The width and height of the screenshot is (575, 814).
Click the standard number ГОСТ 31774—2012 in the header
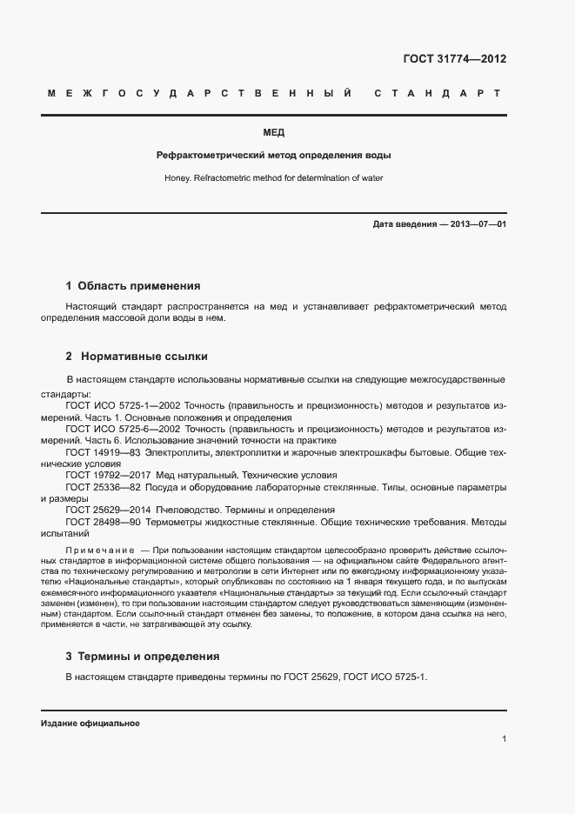coord(455,60)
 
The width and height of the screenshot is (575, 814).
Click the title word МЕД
coord(273,133)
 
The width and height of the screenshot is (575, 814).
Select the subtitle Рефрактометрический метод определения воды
coord(273,156)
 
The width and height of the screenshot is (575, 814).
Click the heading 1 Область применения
coord(133,285)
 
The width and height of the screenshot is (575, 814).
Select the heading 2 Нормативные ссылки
coord(137,357)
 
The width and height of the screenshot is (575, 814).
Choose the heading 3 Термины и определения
coord(143,657)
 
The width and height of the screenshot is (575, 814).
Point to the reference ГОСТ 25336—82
coord(104,488)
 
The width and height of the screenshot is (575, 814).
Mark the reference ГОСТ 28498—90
coord(104,523)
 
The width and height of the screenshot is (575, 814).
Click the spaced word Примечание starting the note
coord(99,551)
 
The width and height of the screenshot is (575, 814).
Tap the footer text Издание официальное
coord(90,724)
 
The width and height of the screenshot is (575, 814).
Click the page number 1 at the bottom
coord(504,739)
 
